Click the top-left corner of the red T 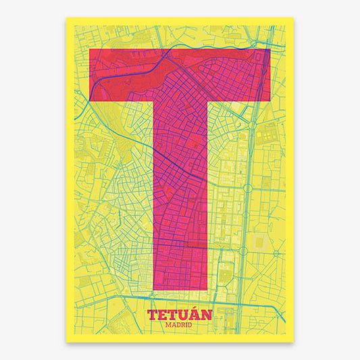(x=90, y=49)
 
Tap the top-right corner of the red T (x=270, y=49)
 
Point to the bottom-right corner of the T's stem (x=207, y=291)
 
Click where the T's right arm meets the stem (x=207, y=102)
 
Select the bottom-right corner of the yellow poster (x=294, y=342)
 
